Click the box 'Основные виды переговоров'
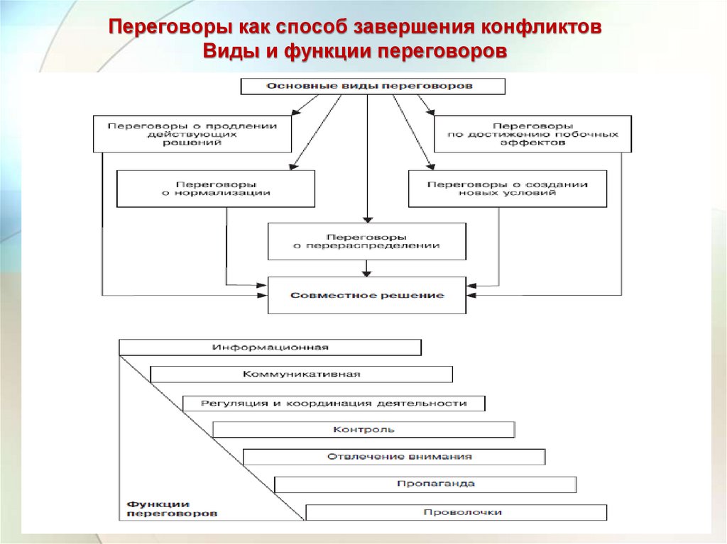point(373,87)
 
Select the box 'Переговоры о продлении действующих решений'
point(192,133)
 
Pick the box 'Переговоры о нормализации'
point(216,189)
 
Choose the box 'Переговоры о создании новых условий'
point(508,189)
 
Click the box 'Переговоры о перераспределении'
point(367,241)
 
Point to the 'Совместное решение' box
point(367,295)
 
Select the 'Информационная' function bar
point(270,348)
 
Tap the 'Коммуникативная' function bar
point(302,374)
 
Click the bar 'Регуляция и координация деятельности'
point(334,403)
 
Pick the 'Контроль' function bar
point(363,430)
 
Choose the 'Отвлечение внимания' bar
point(394,457)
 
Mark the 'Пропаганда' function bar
point(425,484)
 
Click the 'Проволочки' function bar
point(457,512)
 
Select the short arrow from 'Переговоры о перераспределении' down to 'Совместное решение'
point(367,268)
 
